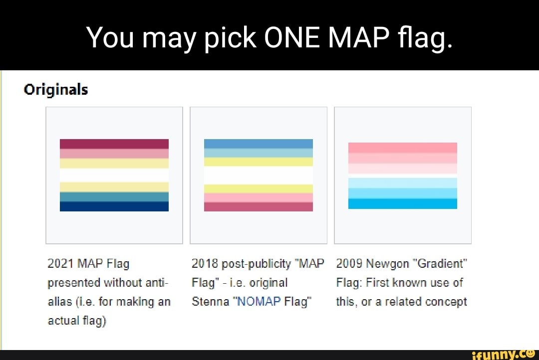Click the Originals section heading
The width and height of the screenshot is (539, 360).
click(56, 90)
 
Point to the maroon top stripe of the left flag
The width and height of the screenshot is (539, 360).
click(114, 144)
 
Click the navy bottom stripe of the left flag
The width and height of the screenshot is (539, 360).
click(114, 206)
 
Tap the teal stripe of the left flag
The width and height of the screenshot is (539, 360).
click(114, 197)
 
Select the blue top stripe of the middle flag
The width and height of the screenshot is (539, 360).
click(259, 144)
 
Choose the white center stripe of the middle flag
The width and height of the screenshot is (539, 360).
click(259, 175)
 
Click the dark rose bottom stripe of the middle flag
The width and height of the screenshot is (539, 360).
click(259, 206)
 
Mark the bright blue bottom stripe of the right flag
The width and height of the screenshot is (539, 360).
click(402, 204)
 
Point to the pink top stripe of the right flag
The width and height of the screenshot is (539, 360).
click(402, 148)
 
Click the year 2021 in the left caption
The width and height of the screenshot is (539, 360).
click(58, 264)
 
